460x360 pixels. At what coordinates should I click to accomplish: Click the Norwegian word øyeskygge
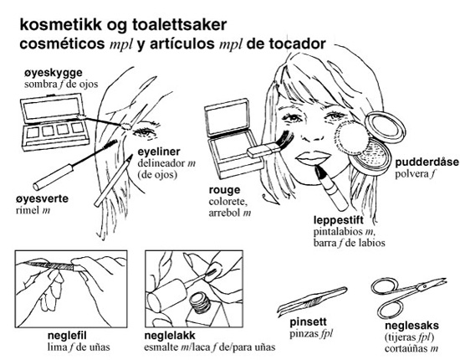point(53,73)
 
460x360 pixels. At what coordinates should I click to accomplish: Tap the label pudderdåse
point(427,162)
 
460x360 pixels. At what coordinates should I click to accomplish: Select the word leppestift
point(339,220)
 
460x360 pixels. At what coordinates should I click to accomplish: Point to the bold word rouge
point(224,191)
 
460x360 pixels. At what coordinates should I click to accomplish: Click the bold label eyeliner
point(159,152)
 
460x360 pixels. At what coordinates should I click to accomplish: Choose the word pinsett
point(308,321)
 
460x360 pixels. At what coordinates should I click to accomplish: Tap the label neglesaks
point(411,326)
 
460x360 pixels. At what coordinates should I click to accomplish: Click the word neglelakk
point(170,336)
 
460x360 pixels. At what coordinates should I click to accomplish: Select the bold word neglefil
point(67,336)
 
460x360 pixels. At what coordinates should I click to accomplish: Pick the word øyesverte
point(43,198)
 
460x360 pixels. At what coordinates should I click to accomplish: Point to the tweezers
point(312,300)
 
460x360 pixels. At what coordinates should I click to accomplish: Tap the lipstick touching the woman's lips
point(331,188)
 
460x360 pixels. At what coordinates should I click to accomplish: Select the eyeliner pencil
point(113,180)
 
